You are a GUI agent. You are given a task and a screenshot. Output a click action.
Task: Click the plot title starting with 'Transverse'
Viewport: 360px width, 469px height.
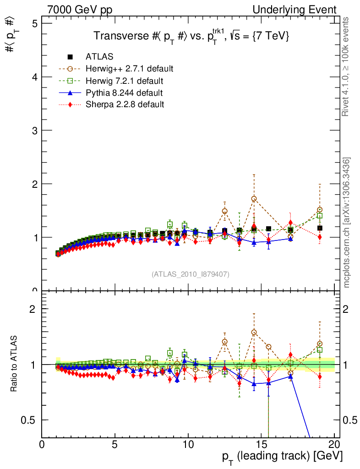[x=191, y=37]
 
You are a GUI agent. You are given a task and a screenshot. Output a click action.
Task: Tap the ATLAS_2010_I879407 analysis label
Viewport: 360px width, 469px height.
[x=191, y=274]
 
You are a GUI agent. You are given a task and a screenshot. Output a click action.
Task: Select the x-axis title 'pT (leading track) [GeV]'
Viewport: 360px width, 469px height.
[x=282, y=456]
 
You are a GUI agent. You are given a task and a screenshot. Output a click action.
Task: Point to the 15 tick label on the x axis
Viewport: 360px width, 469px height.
[x=261, y=444]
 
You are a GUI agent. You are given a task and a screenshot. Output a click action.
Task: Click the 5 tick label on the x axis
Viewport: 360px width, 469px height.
[x=115, y=444]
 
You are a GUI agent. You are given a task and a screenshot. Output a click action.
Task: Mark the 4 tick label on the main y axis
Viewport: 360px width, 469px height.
[x=33, y=77]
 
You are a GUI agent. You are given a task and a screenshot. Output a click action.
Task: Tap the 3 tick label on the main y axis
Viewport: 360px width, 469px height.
[x=33, y=131]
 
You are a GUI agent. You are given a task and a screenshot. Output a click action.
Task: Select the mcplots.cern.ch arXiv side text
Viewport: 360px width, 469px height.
[x=347, y=223]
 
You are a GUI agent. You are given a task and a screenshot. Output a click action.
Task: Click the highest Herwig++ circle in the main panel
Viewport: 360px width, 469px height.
[x=254, y=199]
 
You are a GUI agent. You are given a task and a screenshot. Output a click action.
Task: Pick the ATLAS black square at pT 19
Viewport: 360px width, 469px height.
[x=320, y=228]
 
